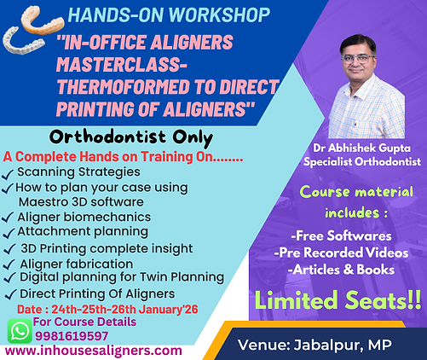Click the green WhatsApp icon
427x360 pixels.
pos(18,329)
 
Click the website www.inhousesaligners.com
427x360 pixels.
pos(93,350)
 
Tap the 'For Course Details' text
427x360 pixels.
pos(84,322)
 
